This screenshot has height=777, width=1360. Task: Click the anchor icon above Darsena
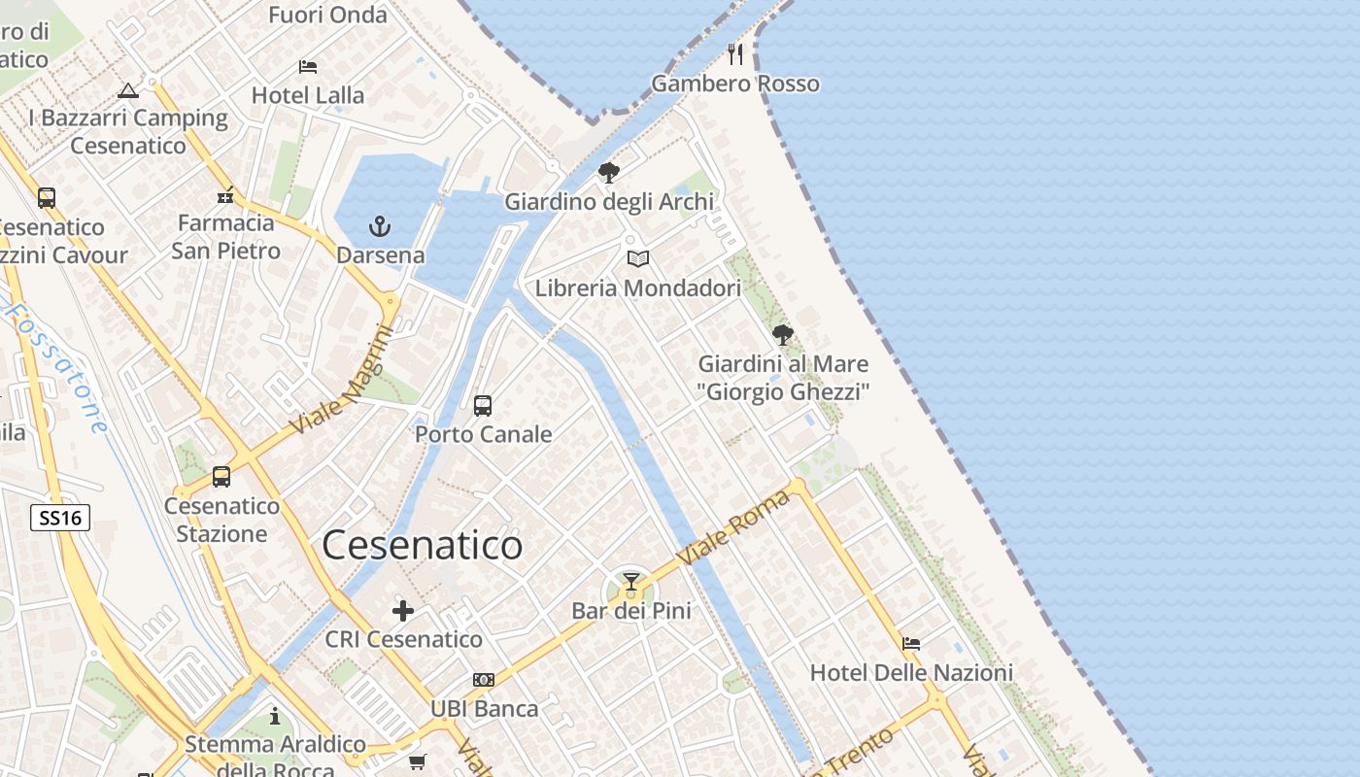point(380,227)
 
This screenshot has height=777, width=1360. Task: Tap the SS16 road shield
point(60,518)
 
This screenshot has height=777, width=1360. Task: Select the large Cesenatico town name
point(422,545)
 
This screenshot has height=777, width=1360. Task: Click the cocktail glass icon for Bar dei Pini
point(631,582)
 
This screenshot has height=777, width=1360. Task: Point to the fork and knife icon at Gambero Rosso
point(735,53)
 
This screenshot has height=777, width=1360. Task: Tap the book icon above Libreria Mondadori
point(638,259)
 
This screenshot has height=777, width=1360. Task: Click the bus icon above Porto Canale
point(483,406)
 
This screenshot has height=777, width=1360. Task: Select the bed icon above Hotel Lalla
point(308,67)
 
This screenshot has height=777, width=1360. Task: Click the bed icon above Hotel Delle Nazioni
point(911,643)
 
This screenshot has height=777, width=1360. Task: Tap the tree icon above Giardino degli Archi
point(609,173)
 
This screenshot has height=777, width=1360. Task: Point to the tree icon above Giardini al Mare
point(782,335)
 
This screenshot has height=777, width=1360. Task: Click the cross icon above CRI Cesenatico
point(403,611)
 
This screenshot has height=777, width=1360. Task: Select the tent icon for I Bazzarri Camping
point(127,91)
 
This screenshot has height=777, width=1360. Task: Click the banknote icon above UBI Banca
point(484,680)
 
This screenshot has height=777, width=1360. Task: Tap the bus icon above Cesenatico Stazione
point(221,477)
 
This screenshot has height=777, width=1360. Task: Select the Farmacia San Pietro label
point(226,236)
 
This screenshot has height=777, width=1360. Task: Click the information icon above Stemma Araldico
point(275,716)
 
